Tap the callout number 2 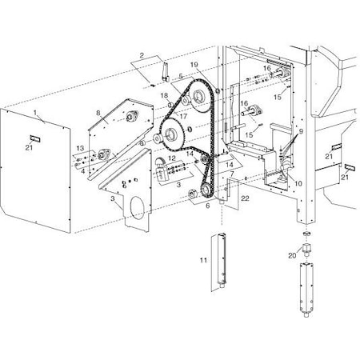[141, 55]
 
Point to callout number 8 [98, 114]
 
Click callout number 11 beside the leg [203, 261]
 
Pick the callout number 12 [171, 158]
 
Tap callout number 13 [79, 150]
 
